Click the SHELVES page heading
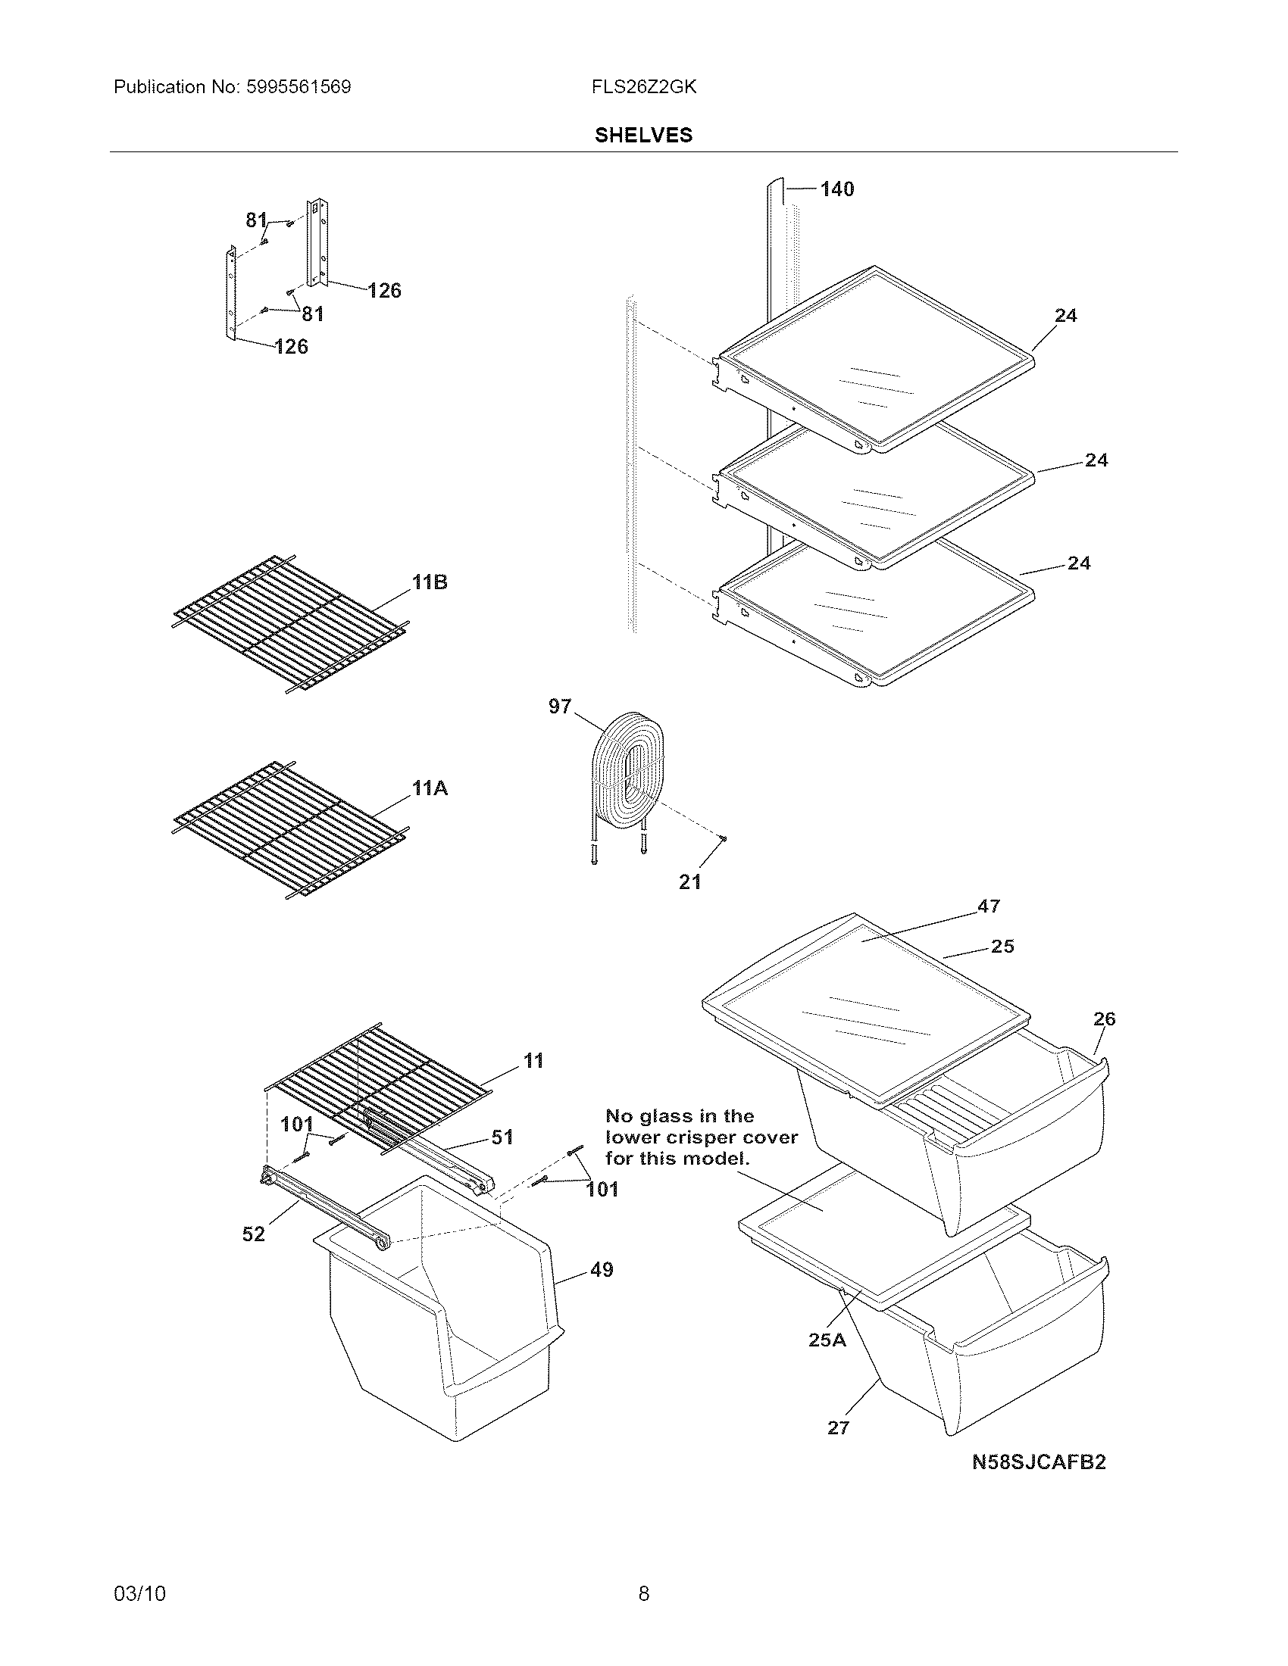click(643, 135)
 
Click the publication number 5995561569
click(299, 87)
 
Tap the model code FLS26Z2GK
click(643, 87)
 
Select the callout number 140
click(837, 189)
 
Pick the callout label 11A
click(430, 788)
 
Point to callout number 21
click(689, 881)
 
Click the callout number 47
click(988, 906)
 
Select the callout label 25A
click(827, 1340)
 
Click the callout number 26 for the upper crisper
click(1104, 1019)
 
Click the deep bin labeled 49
click(442, 1312)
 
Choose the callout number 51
click(502, 1137)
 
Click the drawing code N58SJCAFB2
click(1039, 1462)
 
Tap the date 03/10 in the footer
click(139, 1593)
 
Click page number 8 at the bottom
click(643, 1593)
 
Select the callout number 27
click(838, 1428)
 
